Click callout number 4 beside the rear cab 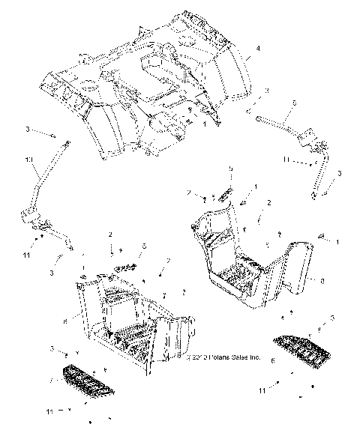[x=258, y=49]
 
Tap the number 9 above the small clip [x=230, y=170]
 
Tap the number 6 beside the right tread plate [x=271, y=360]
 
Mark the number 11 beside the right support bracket [x=287, y=160]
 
